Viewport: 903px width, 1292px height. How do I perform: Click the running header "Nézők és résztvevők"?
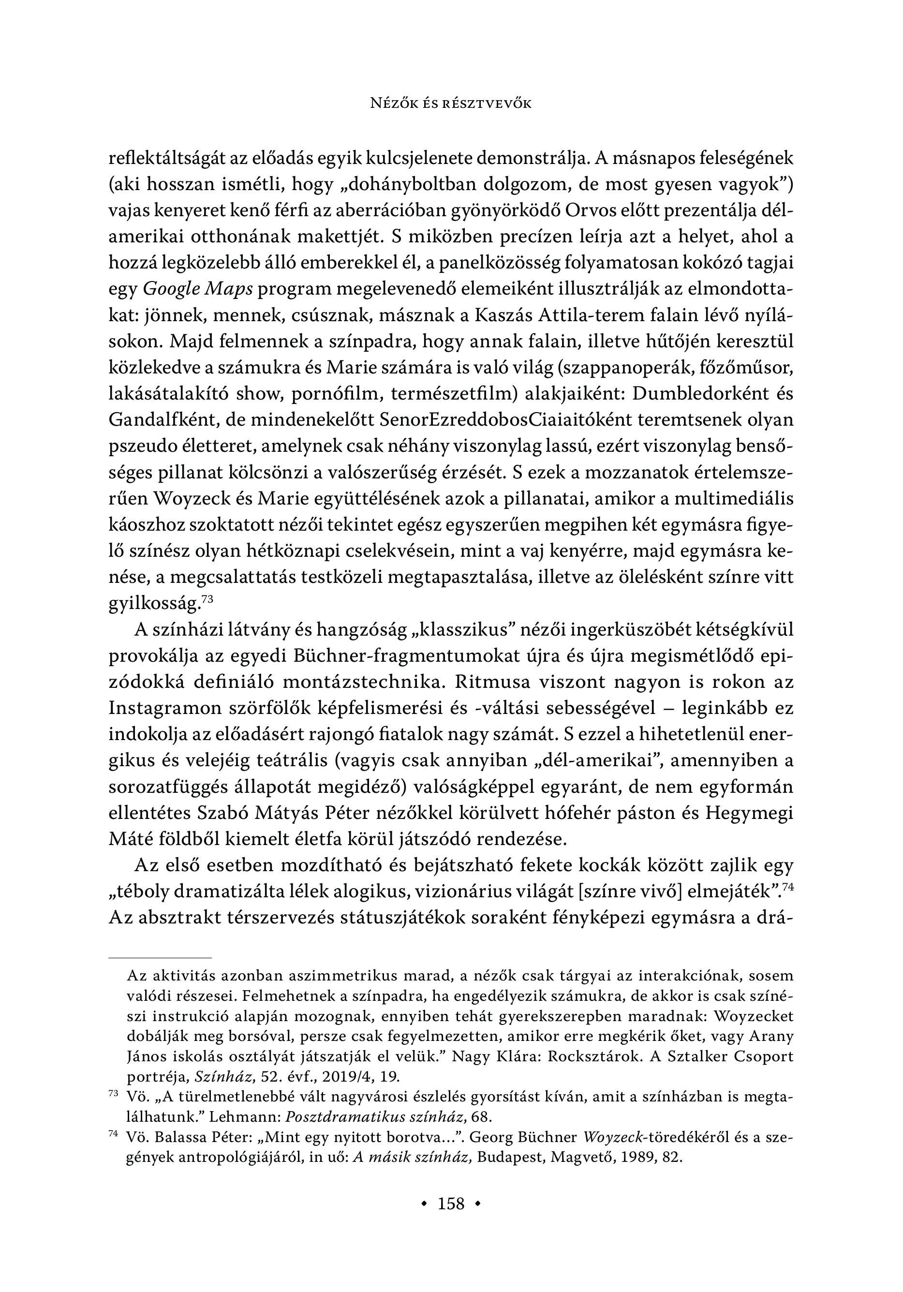[x=451, y=103]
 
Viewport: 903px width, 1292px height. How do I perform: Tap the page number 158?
[x=451, y=1203]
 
